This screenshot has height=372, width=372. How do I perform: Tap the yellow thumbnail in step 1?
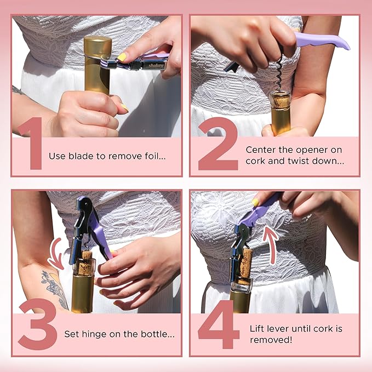coord(122,56)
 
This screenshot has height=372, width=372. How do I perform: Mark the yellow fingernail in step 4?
coord(256,202)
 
